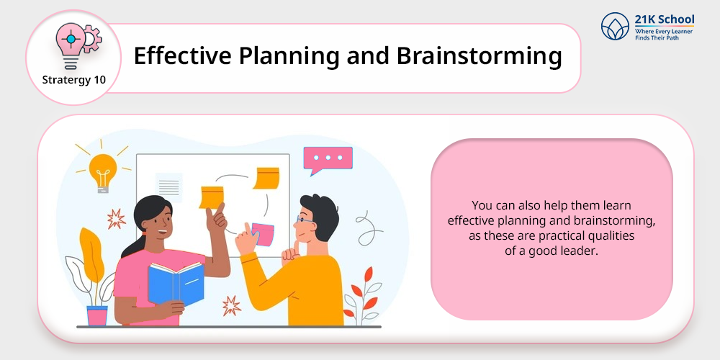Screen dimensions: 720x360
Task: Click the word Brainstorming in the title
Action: (x=479, y=57)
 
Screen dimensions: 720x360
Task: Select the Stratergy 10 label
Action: (x=74, y=80)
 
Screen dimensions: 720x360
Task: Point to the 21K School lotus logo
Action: (x=615, y=26)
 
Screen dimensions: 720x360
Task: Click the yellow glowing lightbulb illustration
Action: (x=103, y=171)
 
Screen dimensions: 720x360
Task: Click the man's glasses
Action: (x=305, y=220)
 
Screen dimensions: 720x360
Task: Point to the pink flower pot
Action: (x=97, y=315)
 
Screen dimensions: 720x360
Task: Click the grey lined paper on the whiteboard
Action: (x=169, y=187)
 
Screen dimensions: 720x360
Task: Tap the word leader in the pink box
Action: (x=584, y=251)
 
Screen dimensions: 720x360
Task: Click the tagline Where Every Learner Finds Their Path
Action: (x=664, y=34)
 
